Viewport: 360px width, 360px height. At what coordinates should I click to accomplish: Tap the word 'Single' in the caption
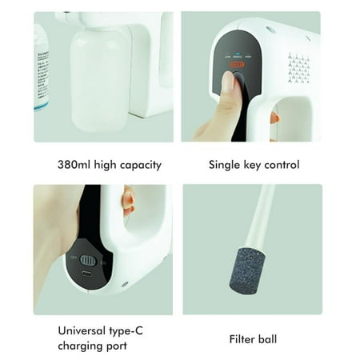[226, 166]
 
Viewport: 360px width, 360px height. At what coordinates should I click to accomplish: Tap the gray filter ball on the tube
[241, 276]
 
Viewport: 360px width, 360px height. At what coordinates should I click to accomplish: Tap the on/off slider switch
[89, 260]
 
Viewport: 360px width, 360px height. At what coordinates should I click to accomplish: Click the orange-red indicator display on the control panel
[237, 66]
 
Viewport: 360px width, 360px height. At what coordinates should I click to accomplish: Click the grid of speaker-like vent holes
[298, 68]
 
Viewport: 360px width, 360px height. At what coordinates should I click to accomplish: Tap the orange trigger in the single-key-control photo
[274, 118]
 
